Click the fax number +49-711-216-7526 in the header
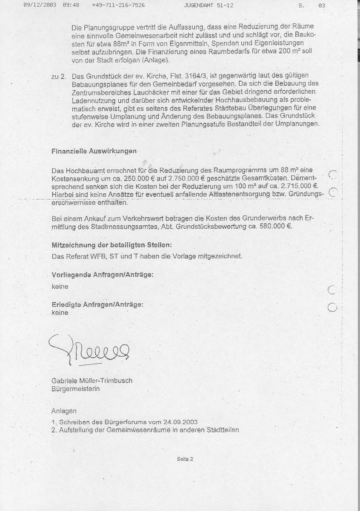(118, 5)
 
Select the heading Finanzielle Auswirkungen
(94, 151)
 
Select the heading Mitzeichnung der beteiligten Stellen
(112, 246)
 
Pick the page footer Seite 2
(186, 459)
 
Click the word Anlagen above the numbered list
(64, 411)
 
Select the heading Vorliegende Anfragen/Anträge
(103, 275)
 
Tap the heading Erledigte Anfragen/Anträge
(97, 305)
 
